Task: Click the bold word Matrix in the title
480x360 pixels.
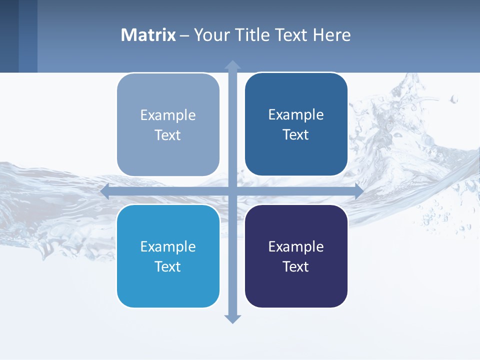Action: [148, 35]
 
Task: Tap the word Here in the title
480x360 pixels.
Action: [332, 35]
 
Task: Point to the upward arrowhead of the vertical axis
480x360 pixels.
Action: [232, 65]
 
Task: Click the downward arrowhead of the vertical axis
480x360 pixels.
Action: [232, 318]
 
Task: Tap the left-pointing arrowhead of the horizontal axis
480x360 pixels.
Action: [105, 191]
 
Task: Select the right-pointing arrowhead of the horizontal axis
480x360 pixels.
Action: [358, 191]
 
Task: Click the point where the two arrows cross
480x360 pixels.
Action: [232, 191]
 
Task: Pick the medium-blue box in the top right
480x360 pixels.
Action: [296, 155]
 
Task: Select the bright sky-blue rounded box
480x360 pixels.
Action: [168, 287]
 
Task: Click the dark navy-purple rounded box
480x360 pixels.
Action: [296, 287]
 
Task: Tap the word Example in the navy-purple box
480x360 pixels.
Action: [296, 246]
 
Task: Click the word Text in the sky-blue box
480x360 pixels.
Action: [168, 266]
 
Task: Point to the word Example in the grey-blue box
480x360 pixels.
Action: [168, 115]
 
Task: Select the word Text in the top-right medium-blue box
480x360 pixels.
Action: [296, 135]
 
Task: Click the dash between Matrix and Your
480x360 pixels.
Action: [184, 35]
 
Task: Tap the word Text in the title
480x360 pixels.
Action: [286, 35]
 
